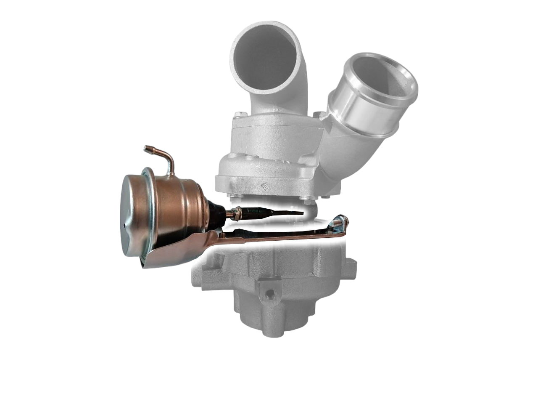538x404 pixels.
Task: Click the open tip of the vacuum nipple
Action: [146, 148]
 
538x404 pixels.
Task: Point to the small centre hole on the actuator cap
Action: [125, 226]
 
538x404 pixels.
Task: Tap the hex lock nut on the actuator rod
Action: [237, 213]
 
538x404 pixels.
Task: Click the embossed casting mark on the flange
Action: [265, 185]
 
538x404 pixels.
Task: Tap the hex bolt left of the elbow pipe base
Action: [238, 115]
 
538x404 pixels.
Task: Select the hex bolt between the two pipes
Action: [318, 114]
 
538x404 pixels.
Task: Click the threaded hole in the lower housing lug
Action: [269, 290]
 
